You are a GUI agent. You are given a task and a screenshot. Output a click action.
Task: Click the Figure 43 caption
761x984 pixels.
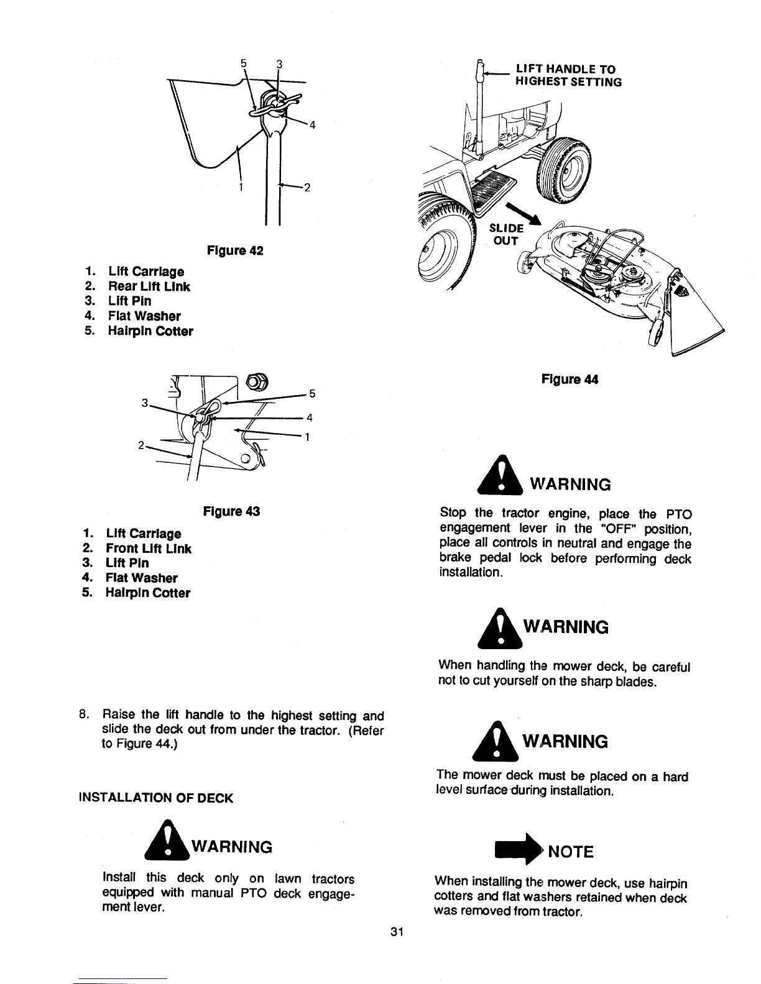click(231, 511)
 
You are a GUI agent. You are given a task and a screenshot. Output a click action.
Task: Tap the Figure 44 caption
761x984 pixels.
click(570, 379)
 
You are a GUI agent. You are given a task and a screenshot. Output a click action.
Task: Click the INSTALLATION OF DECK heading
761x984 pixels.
click(154, 798)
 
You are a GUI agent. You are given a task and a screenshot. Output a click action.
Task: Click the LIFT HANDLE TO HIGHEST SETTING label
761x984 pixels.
click(568, 76)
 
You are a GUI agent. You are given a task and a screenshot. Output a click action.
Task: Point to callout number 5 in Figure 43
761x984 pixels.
click(313, 393)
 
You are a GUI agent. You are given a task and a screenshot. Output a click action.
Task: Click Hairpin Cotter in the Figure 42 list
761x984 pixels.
click(150, 331)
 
